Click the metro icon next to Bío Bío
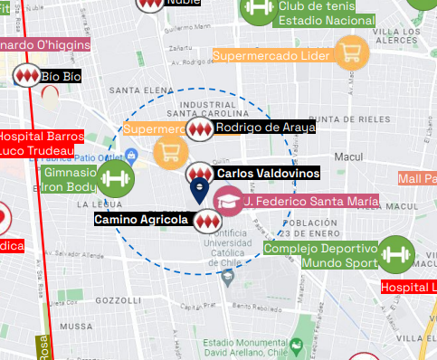(25, 77)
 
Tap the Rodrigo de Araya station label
(265, 128)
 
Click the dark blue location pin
(199, 190)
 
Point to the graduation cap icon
(229, 201)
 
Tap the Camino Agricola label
(141, 219)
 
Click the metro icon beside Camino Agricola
(205, 220)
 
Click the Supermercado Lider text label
(271, 56)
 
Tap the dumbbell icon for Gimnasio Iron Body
(115, 179)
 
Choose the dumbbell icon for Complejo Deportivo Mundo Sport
(395, 254)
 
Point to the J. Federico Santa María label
(310, 200)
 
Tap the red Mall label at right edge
(417, 179)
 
